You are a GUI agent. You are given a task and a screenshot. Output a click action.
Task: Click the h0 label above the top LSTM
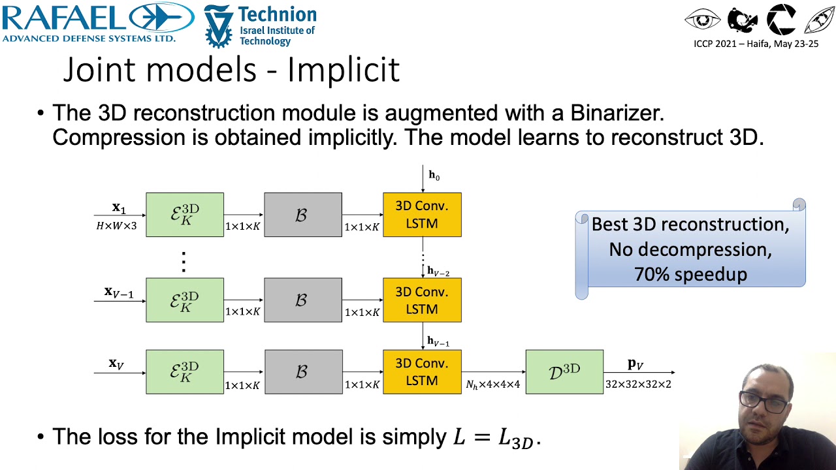coord(434,175)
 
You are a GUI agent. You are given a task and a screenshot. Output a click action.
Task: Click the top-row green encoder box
coord(185,214)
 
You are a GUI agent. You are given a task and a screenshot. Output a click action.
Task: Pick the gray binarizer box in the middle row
coord(302,300)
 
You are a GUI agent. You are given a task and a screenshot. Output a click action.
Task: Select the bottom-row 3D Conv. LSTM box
coord(422,371)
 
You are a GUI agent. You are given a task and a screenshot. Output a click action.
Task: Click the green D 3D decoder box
coord(564,371)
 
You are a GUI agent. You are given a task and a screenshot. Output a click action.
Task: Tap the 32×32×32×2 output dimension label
coord(637,384)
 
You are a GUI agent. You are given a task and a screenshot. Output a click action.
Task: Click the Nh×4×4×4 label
coord(493,384)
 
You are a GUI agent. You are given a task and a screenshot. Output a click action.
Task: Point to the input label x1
coord(118,208)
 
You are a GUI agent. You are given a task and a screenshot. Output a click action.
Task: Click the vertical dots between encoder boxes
coord(184,261)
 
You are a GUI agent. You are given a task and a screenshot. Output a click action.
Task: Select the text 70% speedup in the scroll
coord(690,274)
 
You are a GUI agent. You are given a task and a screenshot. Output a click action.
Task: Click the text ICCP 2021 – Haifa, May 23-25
coord(756,44)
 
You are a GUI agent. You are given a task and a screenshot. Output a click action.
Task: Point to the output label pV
coord(635,364)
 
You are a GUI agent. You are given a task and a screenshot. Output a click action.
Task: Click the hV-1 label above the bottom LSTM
coord(438,341)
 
